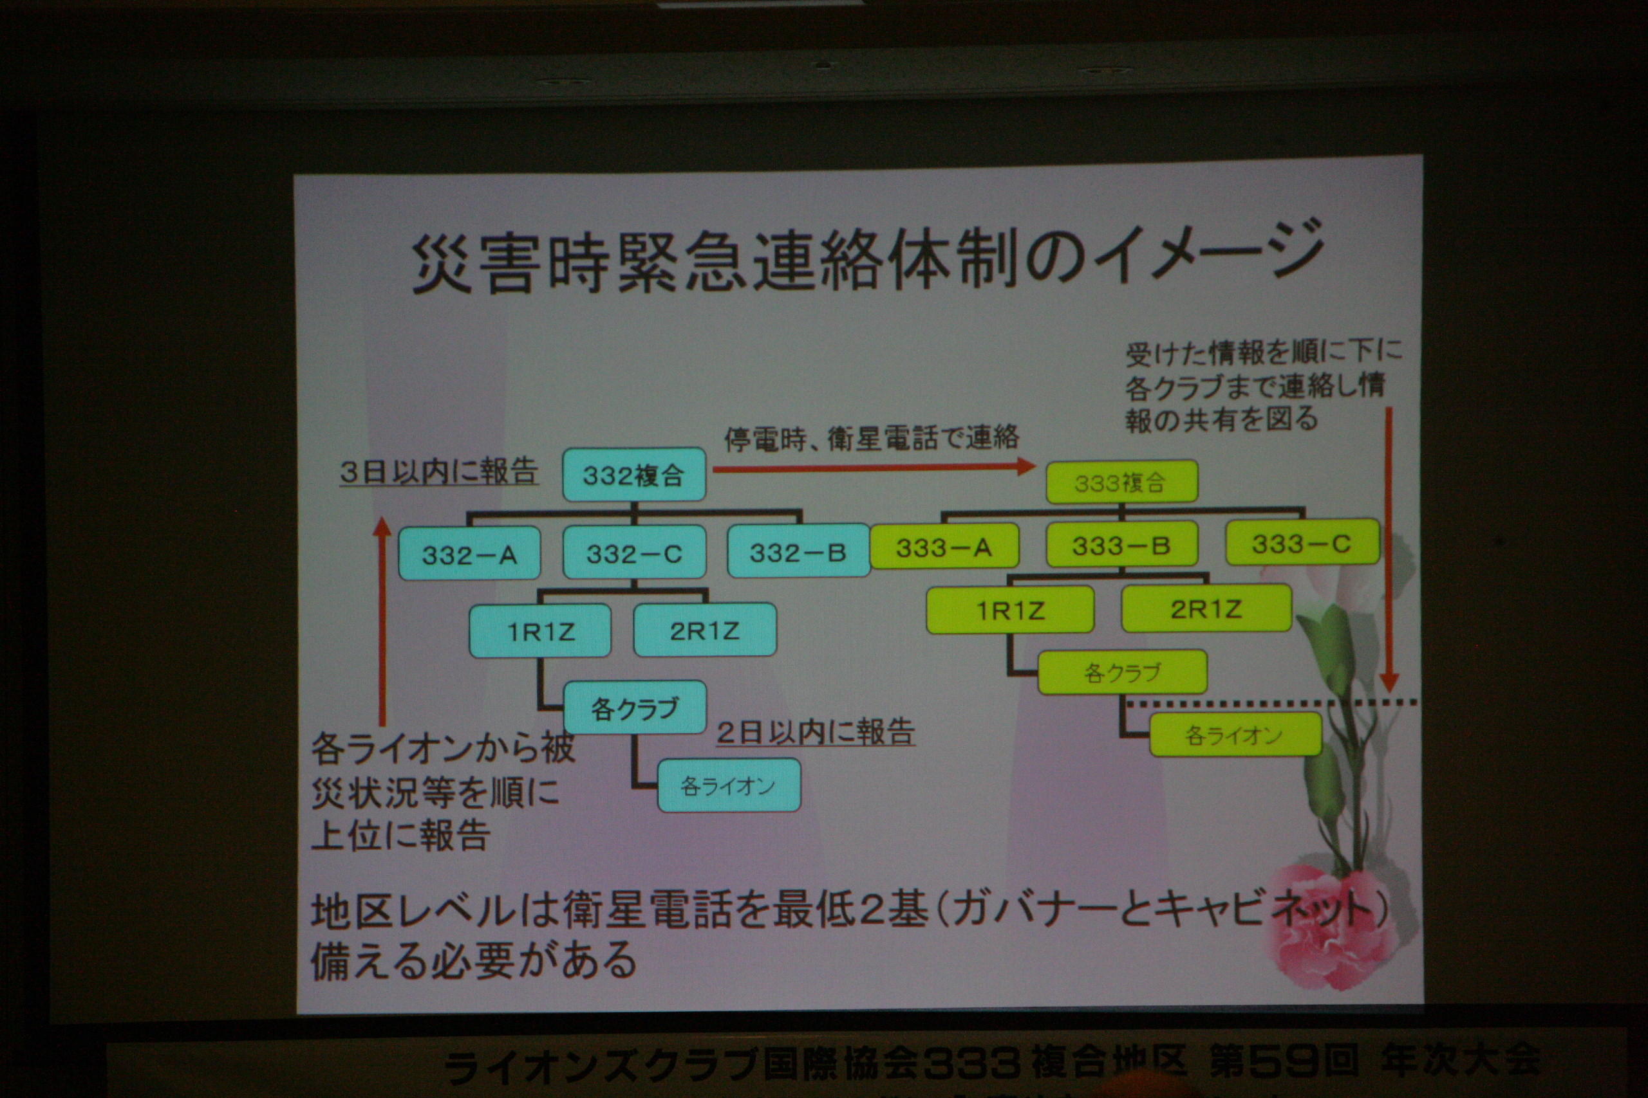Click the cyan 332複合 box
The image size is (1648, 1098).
(634, 475)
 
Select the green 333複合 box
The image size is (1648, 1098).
(1121, 482)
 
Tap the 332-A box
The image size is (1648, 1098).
(469, 554)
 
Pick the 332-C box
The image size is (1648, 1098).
(634, 553)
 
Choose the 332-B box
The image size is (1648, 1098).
(799, 551)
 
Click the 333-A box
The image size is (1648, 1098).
(944, 545)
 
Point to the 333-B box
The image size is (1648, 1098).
(1121, 544)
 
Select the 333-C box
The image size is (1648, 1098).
(1302, 542)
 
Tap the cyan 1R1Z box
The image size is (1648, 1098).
(540, 631)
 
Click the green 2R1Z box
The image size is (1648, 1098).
(1206, 608)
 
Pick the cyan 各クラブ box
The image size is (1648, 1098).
(635, 708)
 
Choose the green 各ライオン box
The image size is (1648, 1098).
(1235, 735)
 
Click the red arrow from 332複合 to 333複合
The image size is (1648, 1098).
(874, 467)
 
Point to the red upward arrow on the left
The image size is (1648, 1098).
(382, 622)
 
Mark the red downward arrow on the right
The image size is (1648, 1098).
(1389, 550)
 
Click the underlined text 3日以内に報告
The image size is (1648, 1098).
(438, 471)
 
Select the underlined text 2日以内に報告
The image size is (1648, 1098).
(816, 732)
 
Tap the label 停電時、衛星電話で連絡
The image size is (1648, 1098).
(872, 438)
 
